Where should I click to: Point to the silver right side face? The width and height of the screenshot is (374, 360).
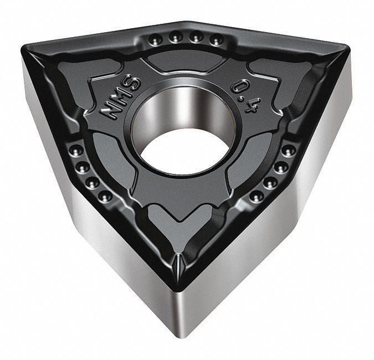point(288,233)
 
